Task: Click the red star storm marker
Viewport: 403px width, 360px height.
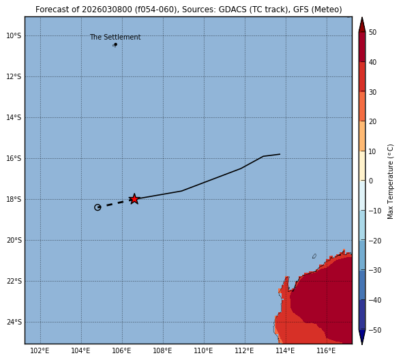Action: point(134,199)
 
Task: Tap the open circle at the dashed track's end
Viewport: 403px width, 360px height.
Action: point(98,207)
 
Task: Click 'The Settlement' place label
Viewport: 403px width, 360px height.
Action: point(115,37)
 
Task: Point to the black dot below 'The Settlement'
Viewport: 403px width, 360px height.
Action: point(116,44)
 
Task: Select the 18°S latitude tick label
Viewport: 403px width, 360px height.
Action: point(14,199)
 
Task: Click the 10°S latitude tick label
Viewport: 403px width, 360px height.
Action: point(14,35)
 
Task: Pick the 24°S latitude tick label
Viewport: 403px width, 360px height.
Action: point(14,322)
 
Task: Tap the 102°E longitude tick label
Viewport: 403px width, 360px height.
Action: point(40,350)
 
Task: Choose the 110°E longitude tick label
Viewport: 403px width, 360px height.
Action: point(203,350)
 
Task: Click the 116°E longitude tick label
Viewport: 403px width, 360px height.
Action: point(326,350)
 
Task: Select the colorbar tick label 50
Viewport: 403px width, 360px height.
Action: point(373,32)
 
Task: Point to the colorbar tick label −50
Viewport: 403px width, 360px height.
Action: point(375,330)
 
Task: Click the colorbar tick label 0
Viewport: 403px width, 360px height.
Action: point(371,181)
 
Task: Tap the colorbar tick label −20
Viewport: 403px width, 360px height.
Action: point(375,241)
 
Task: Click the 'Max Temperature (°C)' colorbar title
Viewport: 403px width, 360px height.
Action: point(390,181)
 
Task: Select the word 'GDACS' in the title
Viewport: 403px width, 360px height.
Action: point(233,10)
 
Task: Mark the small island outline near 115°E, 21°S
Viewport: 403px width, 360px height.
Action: point(314,256)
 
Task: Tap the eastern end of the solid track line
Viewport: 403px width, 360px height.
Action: point(280,154)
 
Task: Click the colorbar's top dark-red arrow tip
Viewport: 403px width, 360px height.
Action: point(362,18)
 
